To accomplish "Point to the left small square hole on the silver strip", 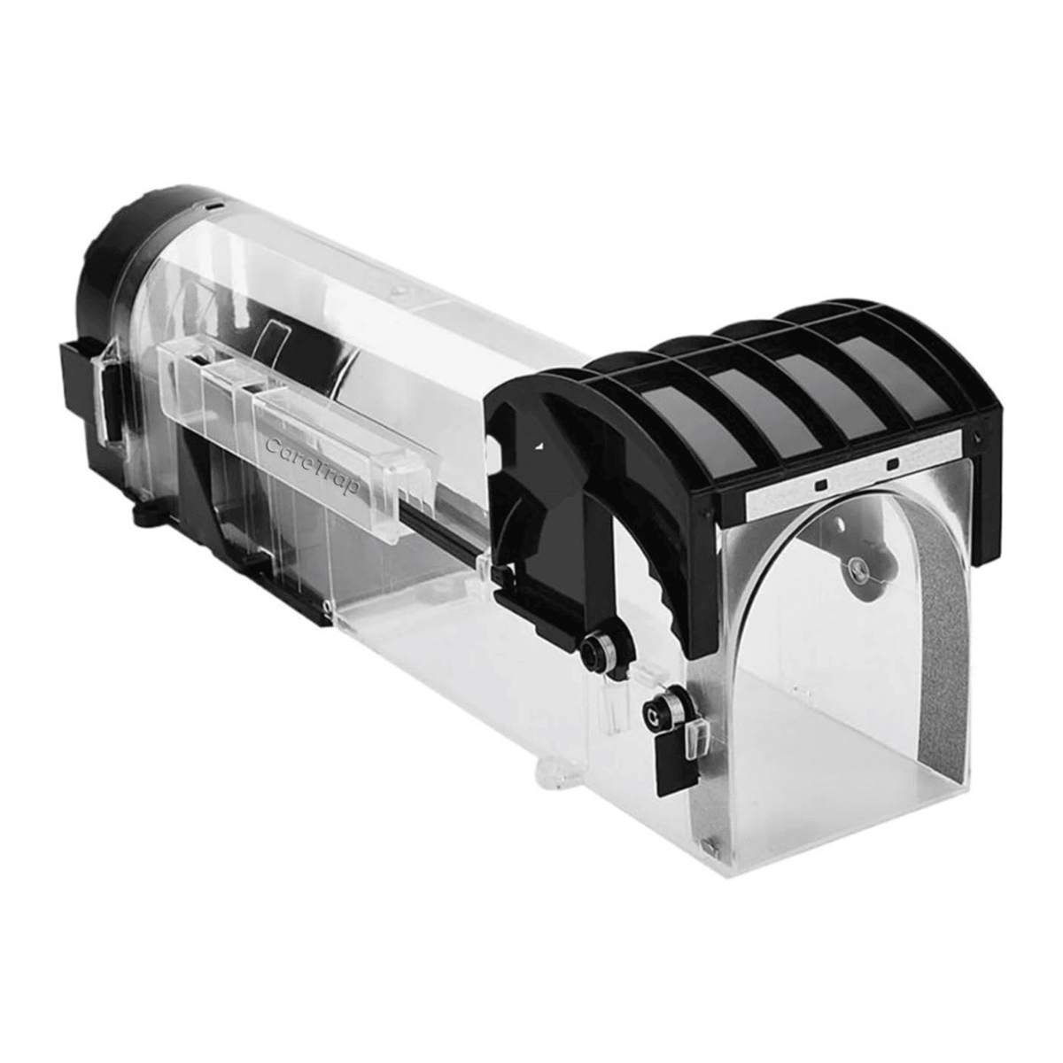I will click(821, 484).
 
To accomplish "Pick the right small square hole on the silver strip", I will click(891, 462).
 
